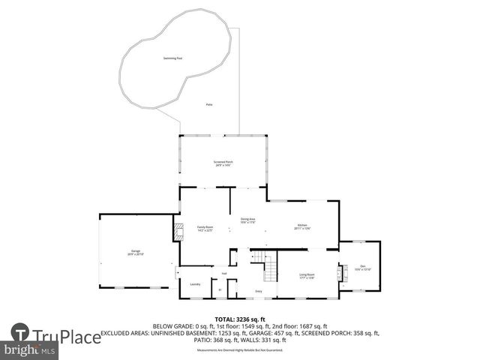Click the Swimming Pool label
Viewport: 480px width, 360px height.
click(x=173, y=58)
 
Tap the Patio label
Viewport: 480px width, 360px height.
click(x=209, y=104)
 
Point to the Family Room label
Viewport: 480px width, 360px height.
click(x=205, y=228)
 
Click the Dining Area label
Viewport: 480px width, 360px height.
click(x=247, y=220)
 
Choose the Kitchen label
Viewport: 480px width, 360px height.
click(x=302, y=226)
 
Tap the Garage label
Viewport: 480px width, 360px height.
click(x=136, y=253)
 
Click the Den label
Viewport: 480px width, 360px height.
click(x=362, y=268)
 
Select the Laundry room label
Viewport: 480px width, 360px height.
click(x=195, y=284)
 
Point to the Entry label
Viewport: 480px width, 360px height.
click(x=259, y=290)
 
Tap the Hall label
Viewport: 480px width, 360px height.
click(x=223, y=273)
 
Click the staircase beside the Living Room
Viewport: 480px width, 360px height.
click(x=263, y=263)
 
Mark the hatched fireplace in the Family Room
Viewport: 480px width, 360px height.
click(x=177, y=232)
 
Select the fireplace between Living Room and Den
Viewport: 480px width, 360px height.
click(x=343, y=273)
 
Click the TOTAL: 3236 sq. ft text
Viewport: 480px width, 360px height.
click(x=240, y=319)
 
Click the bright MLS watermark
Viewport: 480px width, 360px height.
click(x=30, y=350)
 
